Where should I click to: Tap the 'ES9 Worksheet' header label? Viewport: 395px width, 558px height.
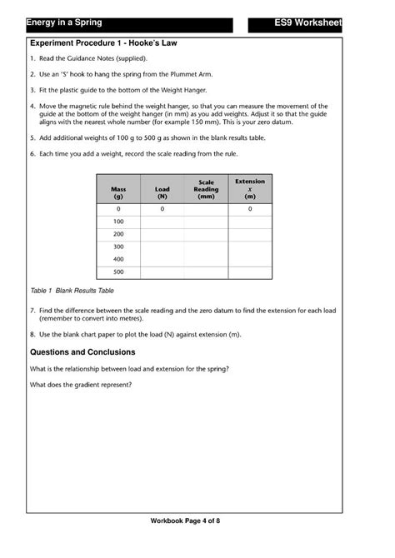pos(307,22)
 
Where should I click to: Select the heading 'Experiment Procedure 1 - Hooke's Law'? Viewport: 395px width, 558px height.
pos(103,42)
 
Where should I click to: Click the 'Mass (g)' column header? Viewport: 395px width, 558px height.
pos(118,192)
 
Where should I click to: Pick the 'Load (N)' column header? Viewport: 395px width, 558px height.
pos(162,192)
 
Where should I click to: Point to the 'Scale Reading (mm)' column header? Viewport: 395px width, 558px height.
pos(206,189)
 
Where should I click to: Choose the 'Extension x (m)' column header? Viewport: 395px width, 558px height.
pos(250,188)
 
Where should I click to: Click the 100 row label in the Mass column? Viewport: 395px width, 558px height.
pos(118,222)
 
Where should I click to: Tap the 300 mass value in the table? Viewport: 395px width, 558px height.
pos(118,247)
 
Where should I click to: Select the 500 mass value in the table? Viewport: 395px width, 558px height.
pos(118,272)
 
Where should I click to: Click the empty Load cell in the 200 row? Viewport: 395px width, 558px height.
pos(162,234)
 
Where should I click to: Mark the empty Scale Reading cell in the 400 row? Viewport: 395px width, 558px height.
pos(206,259)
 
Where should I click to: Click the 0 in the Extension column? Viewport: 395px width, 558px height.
pos(250,209)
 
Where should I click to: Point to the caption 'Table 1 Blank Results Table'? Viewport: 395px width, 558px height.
pos(72,291)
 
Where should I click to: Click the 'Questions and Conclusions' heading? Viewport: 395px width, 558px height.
pos(82,352)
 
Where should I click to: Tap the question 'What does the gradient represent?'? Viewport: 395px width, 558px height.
pos(81,385)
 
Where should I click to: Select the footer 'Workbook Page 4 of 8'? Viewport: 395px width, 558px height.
pos(185,521)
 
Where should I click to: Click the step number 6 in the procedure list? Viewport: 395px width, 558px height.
pos(32,154)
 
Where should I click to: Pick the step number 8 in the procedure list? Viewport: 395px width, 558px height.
pos(32,334)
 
